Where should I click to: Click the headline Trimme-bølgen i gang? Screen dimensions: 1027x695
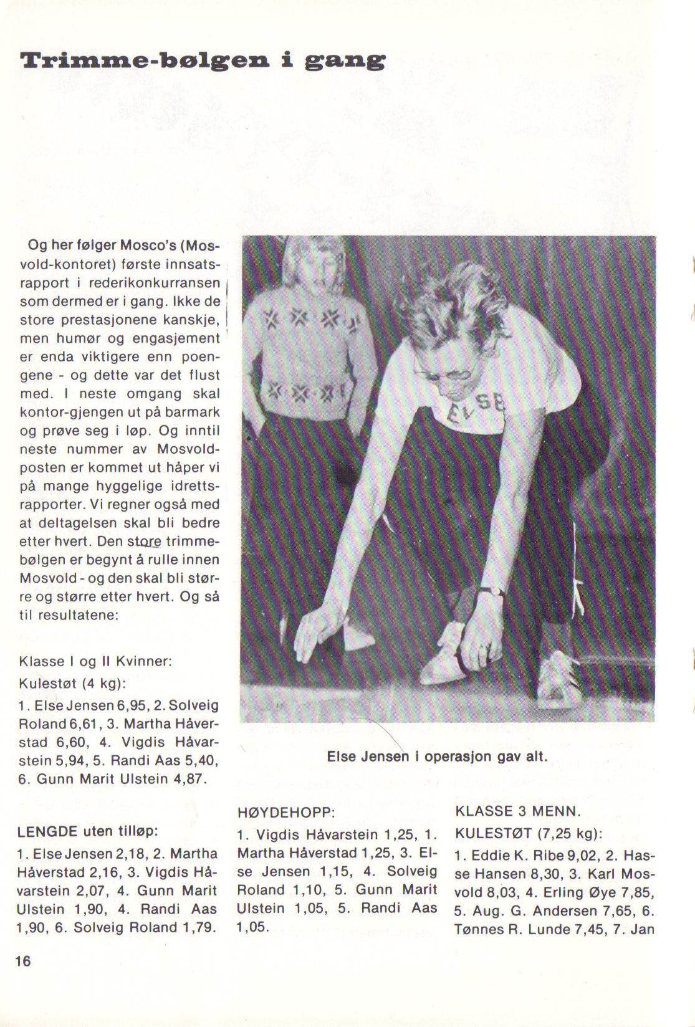point(203,61)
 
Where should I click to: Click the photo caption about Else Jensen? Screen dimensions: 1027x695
point(437,757)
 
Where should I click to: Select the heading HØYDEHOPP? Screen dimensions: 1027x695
point(287,813)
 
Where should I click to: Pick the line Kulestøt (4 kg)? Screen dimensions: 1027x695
point(73,683)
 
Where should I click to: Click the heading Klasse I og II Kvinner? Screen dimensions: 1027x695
point(95,661)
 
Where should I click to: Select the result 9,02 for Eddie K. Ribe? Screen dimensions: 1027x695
point(577,854)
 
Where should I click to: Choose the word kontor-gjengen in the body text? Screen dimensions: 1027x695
point(73,413)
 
